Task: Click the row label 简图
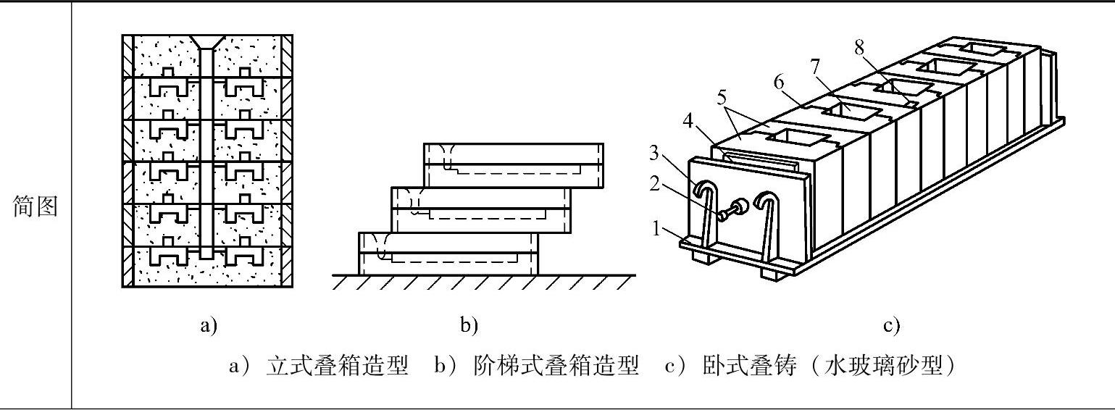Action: click(36, 208)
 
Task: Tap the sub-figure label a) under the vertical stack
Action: click(209, 326)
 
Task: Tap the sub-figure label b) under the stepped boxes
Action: click(469, 326)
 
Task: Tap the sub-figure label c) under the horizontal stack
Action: click(891, 326)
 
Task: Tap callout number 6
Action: click(780, 83)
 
